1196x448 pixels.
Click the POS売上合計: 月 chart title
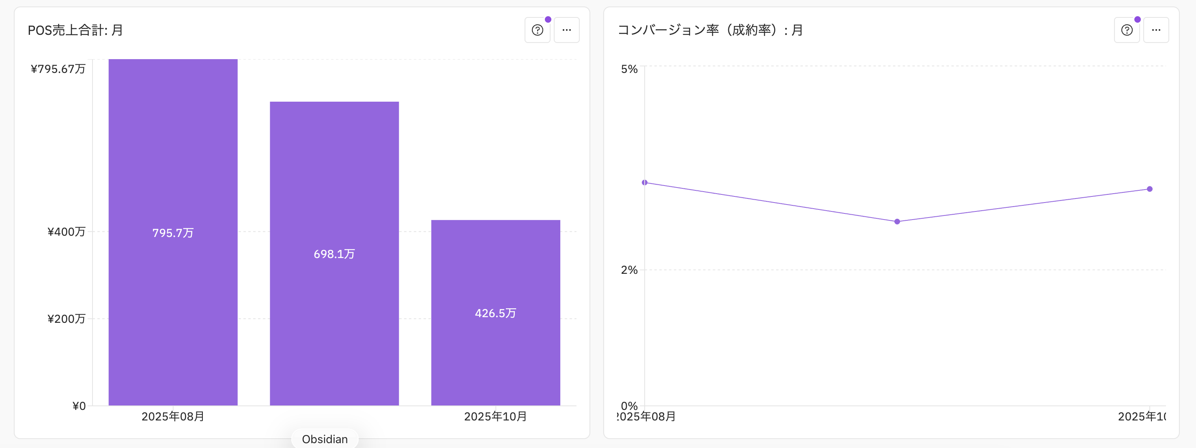coord(75,30)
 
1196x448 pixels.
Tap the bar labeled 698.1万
coord(334,254)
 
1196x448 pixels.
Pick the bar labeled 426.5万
coord(496,313)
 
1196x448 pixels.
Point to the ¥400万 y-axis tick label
coord(67,231)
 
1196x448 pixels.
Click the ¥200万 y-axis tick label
coord(67,319)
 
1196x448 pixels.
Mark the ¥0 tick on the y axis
coord(79,406)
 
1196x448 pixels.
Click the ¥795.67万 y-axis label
coord(58,68)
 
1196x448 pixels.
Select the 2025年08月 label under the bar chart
coord(173,416)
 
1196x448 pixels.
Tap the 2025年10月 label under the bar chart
coord(496,416)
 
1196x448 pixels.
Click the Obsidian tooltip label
coord(325,439)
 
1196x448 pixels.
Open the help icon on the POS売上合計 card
coord(537,30)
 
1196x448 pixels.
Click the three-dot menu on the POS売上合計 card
coord(566,30)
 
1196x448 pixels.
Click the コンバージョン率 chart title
coord(710,30)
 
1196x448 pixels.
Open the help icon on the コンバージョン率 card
coord(1127,30)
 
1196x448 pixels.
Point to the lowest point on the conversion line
coord(897,222)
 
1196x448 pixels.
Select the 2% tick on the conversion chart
coord(629,269)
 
